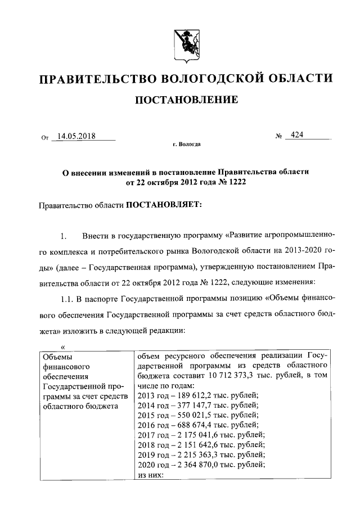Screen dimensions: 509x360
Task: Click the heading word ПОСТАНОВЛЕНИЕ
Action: [185, 100]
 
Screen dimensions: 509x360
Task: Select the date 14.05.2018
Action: [75, 136]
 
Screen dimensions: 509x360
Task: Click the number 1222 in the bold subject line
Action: [237, 183]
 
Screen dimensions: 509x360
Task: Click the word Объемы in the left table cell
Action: [57, 356]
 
